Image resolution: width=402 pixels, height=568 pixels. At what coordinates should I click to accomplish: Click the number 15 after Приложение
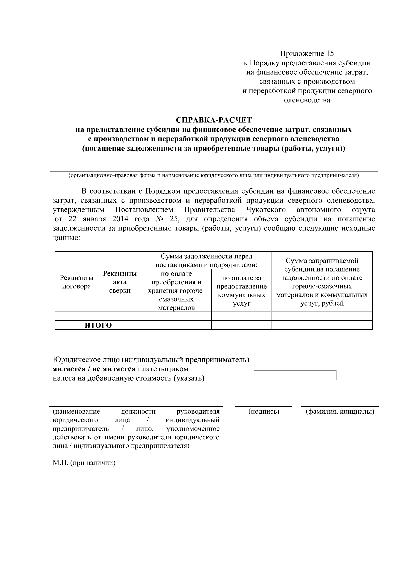pos(329,54)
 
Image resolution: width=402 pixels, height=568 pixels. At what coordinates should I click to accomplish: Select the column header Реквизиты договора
pos(77,282)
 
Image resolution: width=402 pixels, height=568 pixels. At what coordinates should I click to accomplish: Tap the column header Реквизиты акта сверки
pos(120,282)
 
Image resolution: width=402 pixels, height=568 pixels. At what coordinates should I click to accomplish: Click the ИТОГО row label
pos(98,325)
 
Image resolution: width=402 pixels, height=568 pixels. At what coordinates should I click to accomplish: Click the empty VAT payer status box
pos(295,375)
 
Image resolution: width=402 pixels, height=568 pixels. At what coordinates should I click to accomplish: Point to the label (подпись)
pos(264,412)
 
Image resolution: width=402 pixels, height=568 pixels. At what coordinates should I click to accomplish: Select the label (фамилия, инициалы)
pos(340,412)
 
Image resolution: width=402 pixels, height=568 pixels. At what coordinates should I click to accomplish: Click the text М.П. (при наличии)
pos(84,463)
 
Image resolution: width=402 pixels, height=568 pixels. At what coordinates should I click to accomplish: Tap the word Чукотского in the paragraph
pos(266,210)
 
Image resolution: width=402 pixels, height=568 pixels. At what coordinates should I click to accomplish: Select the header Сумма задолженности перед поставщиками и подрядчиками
pos(206,261)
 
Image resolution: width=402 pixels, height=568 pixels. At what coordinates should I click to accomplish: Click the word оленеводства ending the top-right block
pos(307,100)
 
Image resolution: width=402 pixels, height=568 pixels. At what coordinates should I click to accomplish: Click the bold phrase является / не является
pos(94,369)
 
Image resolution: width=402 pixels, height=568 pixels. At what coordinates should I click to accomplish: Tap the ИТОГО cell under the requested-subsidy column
pos(322,325)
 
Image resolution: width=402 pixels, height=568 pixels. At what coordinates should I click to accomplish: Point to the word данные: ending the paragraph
pos(66,238)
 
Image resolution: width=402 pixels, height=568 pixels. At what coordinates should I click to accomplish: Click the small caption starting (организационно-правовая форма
pos(214,175)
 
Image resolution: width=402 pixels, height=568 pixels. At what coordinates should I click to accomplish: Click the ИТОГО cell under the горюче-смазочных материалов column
pos(176,325)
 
